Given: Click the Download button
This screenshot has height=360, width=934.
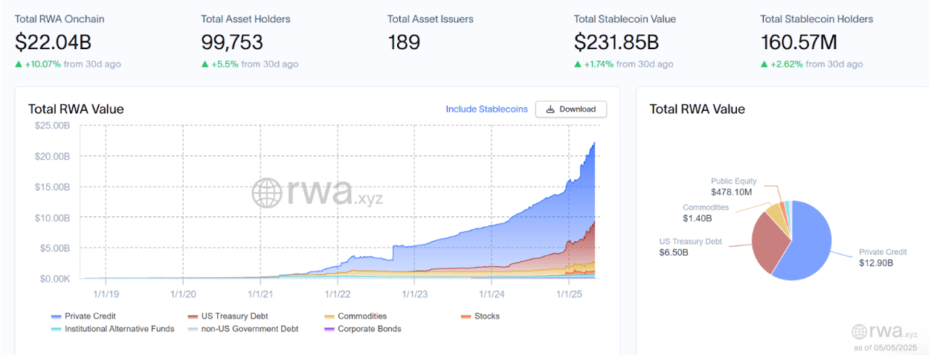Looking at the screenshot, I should tap(570, 109).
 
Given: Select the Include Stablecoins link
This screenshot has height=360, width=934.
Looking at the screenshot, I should tap(486, 109).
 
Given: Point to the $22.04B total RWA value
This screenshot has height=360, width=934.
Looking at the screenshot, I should tap(53, 42).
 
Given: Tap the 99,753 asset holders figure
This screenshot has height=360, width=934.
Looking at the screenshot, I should tap(232, 42).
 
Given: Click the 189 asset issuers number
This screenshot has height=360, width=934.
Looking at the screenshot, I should tap(404, 42).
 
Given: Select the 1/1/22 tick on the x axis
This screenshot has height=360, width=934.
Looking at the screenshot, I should tap(338, 294).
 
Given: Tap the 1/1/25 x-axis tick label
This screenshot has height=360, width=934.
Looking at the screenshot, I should tap(569, 294).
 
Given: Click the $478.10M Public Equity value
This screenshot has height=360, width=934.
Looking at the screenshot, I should tap(731, 192).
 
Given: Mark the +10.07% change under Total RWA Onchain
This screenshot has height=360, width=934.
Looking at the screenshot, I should tap(42, 64).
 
